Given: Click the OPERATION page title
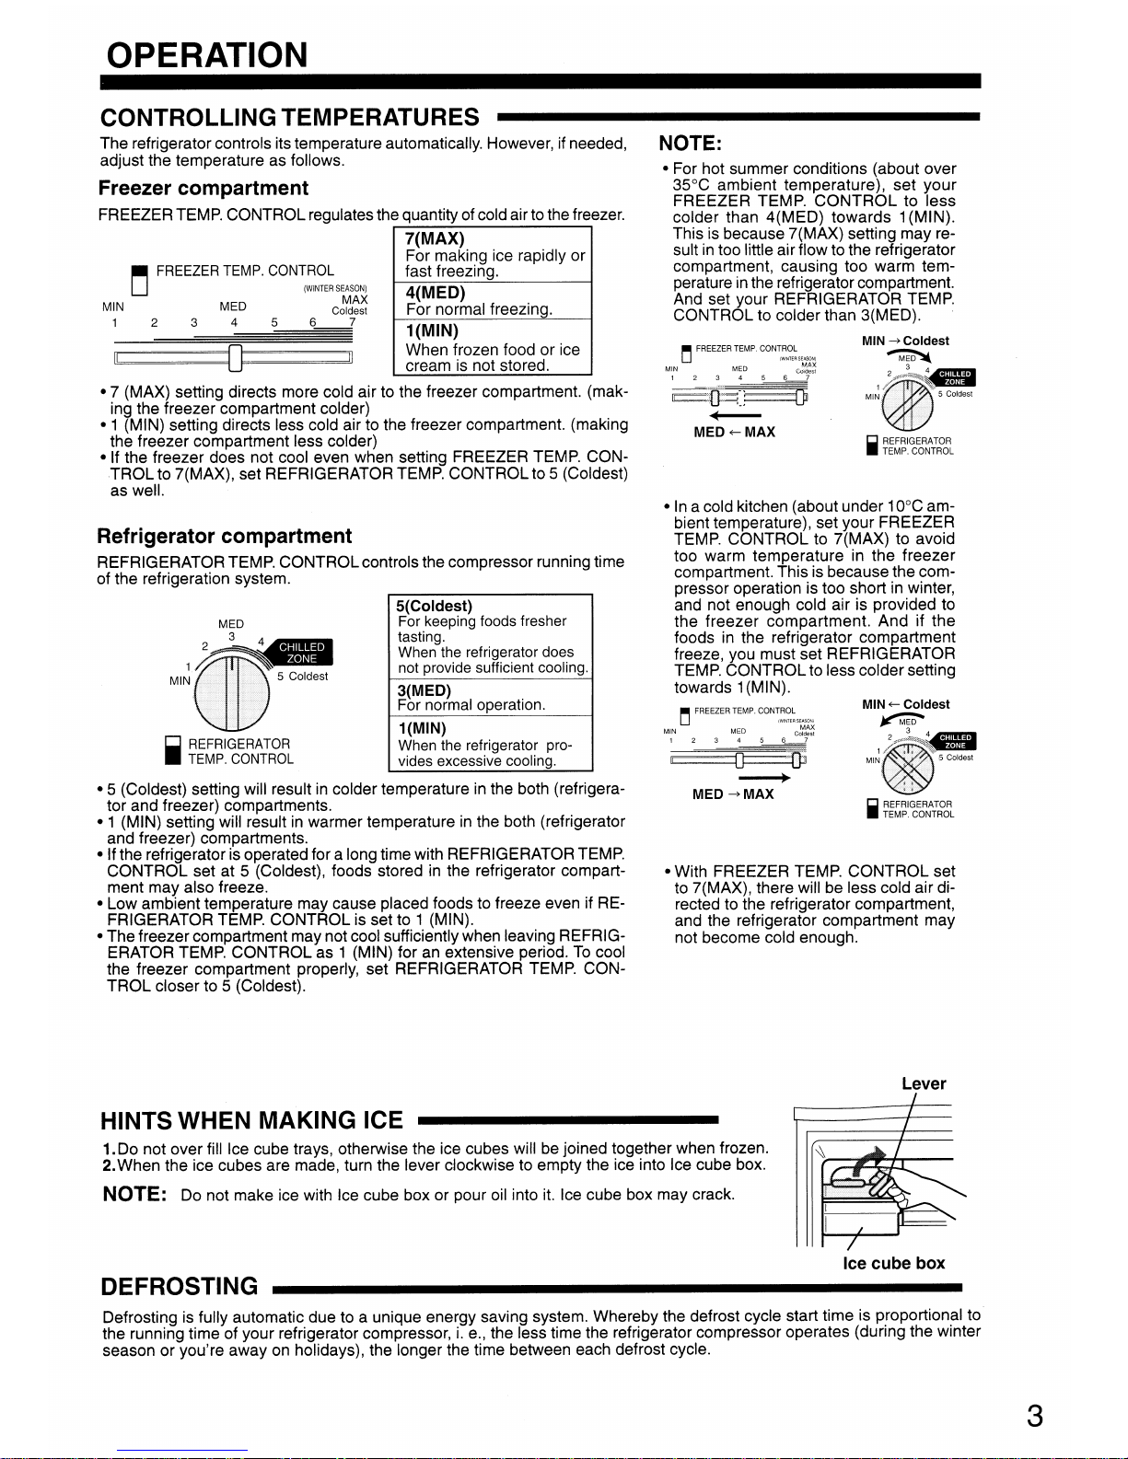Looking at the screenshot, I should (206, 55).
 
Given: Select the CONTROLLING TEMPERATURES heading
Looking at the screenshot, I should (289, 118).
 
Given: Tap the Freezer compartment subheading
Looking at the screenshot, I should (203, 189).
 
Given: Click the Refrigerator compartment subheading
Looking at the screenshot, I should (225, 537).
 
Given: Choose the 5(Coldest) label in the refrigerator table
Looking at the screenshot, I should (433, 606).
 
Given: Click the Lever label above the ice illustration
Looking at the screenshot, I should (924, 1083).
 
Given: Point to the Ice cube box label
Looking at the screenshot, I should (893, 1263).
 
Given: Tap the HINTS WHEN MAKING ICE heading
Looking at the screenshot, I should (251, 1120).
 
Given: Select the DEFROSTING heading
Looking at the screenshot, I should (180, 1286).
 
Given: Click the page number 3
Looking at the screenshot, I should (1035, 1416).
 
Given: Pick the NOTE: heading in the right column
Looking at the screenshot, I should (691, 144).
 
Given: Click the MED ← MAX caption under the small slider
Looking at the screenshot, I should (734, 433).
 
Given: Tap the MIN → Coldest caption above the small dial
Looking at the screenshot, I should (905, 341).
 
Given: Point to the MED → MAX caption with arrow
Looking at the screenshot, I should (733, 793).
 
